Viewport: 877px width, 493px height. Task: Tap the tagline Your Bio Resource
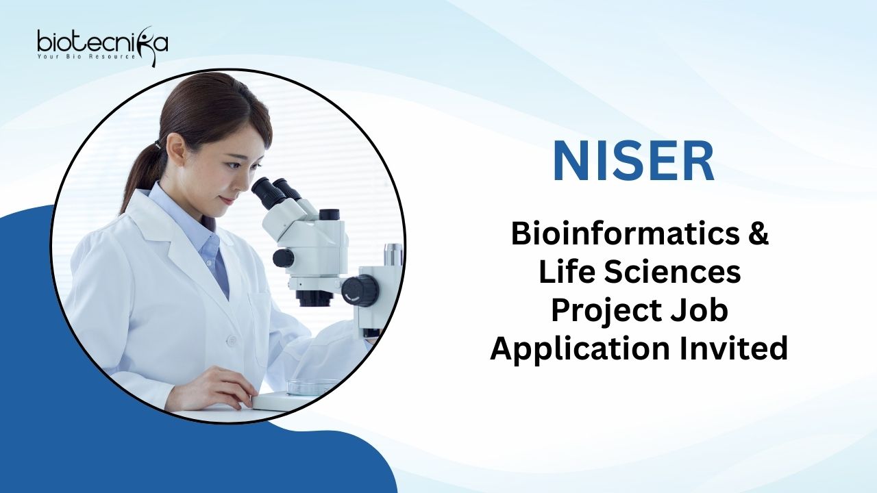pyautogui.click(x=86, y=57)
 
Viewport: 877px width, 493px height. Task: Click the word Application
pyautogui.click(x=580, y=350)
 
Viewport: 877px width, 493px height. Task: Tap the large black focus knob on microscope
pyautogui.click(x=360, y=290)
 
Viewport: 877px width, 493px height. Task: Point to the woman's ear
pyautogui.click(x=175, y=149)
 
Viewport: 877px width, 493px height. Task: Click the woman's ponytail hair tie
pyautogui.click(x=158, y=144)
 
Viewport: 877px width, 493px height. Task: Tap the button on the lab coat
pyautogui.click(x=232, y=340)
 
